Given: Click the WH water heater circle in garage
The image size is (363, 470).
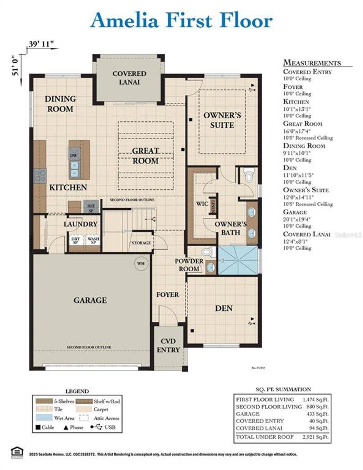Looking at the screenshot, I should click(141, 264).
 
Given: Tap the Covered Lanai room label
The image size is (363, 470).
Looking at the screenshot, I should click(129, 78).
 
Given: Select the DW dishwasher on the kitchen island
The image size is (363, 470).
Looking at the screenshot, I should click(74, 156).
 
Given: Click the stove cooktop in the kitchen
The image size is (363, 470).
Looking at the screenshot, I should click(40, 175).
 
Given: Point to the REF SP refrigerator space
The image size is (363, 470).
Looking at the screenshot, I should click(91, 208).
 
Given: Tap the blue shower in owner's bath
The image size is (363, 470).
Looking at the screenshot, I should click(238, 260).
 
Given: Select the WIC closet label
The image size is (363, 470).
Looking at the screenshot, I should click(202, 204).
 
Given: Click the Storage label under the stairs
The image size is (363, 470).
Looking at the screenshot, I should click(141, 243).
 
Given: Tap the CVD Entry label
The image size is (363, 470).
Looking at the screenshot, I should click(168, 345).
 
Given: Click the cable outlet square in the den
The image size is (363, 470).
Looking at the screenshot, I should click(192, 331).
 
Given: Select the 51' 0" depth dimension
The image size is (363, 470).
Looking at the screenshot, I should click(16, 65).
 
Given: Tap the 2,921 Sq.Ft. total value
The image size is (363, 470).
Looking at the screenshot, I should click(315, 437).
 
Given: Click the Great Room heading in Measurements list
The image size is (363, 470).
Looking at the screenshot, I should click(303, 124).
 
